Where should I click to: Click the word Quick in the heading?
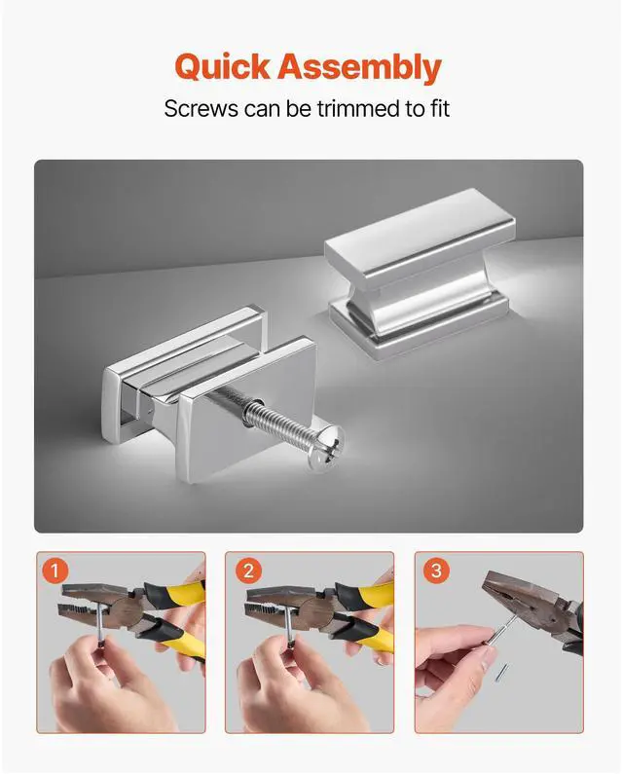[x=222, y=67]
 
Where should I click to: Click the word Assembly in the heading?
[x=359, y=67]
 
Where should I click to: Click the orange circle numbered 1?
[x=55, y=571]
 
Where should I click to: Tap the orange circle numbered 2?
[x=248, y=571]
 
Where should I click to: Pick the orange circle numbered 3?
[x=436, y=571]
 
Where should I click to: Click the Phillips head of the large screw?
[x=326, y=450]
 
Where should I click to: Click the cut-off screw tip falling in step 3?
[x=501, y=672]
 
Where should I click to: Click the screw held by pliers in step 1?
[x=100, y=623]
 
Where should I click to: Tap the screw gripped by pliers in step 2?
[x=288, y=623]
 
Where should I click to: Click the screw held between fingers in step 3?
[x=501, y=628]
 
